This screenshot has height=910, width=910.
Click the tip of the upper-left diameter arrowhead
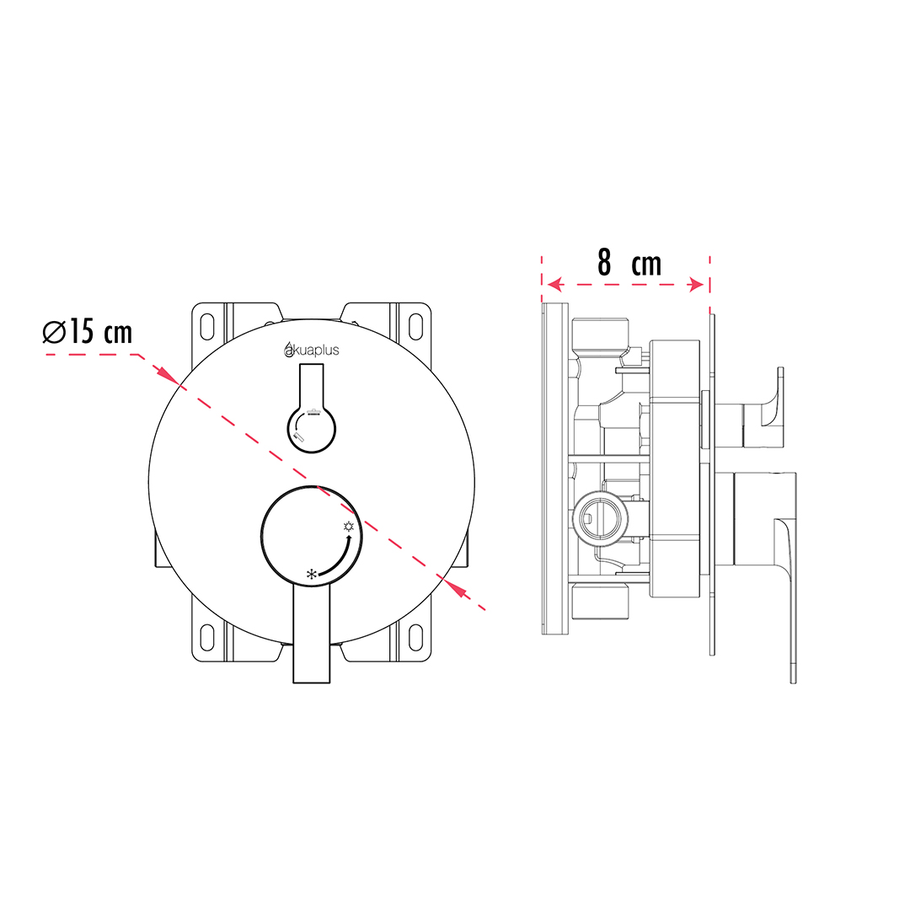tap(179, 385)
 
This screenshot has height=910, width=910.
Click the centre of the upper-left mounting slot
tap(208, 327)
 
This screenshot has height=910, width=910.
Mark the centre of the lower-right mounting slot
tap(415, 638)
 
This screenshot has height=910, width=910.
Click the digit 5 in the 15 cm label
tap(86, 332)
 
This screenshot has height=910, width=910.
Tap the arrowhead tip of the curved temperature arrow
tap(350, 535)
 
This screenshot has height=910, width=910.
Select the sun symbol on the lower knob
tap(348, 527)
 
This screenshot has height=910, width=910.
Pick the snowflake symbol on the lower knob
tap(312, 575)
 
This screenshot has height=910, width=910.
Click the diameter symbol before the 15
tap(54, 332)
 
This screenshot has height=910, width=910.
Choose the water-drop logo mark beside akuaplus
tap(289, 350)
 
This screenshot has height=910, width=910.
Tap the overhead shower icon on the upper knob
tap(314, 413)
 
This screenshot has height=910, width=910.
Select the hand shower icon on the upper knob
tap(298, 436)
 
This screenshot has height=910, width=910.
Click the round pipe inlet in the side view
tap(600, 517)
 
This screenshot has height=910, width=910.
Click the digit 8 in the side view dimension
tap(604, 263)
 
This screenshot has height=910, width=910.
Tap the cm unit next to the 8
tap(646, 265)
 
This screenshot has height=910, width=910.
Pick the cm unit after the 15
tap(119, 334)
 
